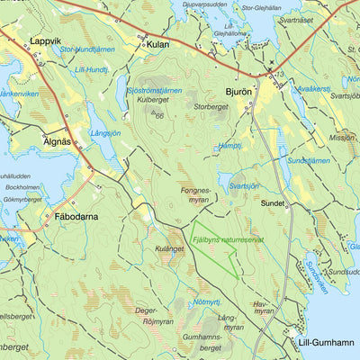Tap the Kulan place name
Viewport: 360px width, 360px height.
click(x=157, y=43)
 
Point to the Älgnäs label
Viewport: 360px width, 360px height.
click(x=58, y=141)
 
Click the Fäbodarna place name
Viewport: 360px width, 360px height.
click(x=76, y=217)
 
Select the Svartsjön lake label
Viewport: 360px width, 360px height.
click(x=244, y=186)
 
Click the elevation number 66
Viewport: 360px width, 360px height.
click(x=159, y=115)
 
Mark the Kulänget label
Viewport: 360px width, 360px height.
click(x=169, y=247)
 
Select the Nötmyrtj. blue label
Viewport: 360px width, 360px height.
click(x=208, y=301)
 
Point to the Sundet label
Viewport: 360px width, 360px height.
click(x=273, y=203)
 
